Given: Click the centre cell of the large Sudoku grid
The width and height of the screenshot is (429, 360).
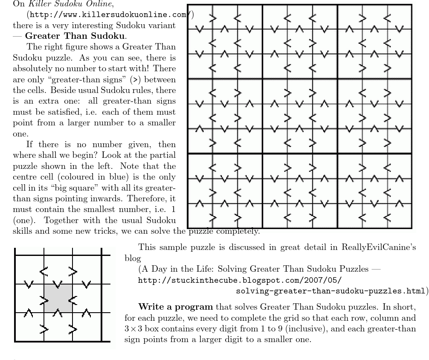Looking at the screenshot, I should point(300,116).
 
